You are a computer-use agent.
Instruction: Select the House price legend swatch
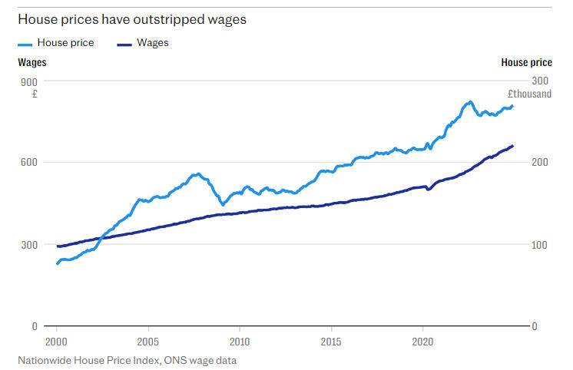pos(26,44)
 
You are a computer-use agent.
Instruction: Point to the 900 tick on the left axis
pos(28,81)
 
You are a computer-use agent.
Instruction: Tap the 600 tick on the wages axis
pos(28,162)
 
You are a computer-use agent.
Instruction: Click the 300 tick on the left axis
pos(28,244)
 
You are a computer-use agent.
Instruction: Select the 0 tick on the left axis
pos(34,326)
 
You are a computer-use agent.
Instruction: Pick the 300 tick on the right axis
pos(540,81)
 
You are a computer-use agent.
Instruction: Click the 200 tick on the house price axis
pos(540,162)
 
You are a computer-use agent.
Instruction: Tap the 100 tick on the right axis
pos(540,244)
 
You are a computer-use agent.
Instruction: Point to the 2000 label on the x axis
pos(57,341)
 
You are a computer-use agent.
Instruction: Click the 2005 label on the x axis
pos(148,341)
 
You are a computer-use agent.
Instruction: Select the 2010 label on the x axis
pos(240,341)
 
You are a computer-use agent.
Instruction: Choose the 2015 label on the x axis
pos(331,341)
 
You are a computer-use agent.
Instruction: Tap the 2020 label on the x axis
pos(422,341)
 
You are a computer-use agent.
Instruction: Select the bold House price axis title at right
pos(525,62)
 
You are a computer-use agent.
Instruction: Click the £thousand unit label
pos(528,94)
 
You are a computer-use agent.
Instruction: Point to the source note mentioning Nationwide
pos(128,359)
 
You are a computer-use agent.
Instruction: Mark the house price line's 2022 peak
pos(469,101)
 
